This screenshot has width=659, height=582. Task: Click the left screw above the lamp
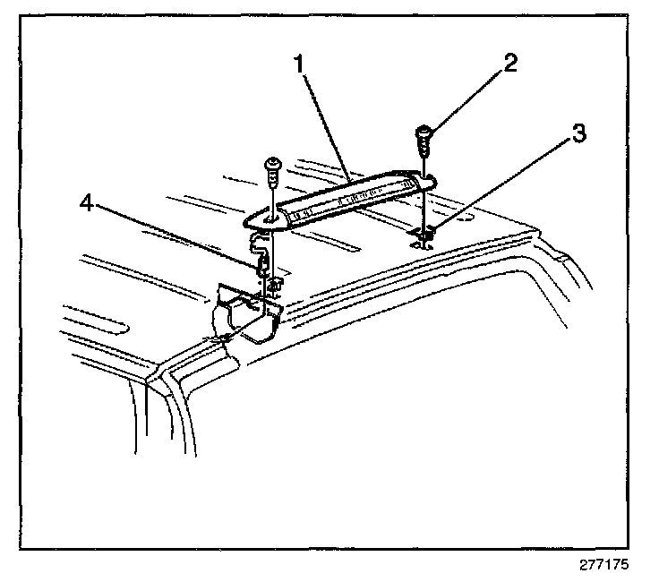click(x=272, y=167)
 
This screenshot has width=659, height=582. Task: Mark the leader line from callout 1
click(x=325, y=122)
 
